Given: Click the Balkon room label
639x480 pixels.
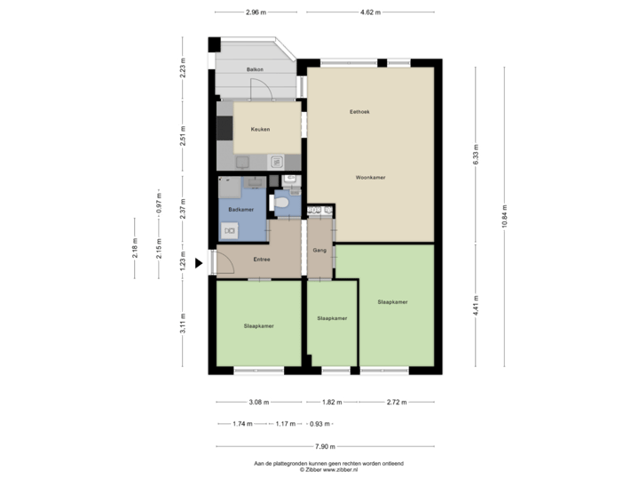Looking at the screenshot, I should [x=255, y=68].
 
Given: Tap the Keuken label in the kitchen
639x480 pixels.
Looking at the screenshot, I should [x=260, y=130].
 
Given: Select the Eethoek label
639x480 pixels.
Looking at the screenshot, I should [x=359, y=112].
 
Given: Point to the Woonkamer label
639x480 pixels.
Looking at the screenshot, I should [x=371, y=178].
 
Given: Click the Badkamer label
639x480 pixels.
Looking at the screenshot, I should [x=241, y=209].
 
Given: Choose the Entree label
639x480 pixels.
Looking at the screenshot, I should [x=262, y=260].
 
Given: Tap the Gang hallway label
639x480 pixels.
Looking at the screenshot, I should [x=319, y=251].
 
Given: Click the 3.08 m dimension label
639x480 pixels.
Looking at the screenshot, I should [x=259, y=402].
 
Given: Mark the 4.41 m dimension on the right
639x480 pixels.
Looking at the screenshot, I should [x=476, y=307].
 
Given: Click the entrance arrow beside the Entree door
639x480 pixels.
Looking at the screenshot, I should [x=199, y=262].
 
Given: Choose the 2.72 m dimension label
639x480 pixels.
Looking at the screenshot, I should [x=397, y=402].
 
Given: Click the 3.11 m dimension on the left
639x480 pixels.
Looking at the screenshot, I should [x=183, y=322].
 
